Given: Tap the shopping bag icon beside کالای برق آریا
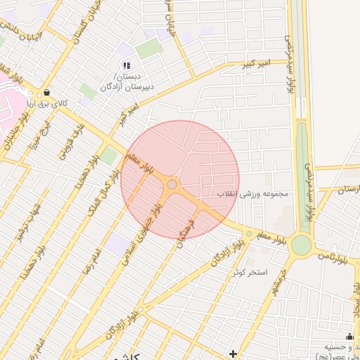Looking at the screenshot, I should [47, 92].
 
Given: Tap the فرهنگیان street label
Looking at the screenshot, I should [191, 231].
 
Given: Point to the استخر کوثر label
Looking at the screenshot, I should [251, 271].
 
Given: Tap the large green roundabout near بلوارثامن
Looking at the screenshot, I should [301, 245].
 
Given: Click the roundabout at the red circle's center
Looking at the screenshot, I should [173, 185].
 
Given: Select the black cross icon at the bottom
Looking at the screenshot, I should [233, 352].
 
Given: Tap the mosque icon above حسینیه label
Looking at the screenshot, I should [349, 336].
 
